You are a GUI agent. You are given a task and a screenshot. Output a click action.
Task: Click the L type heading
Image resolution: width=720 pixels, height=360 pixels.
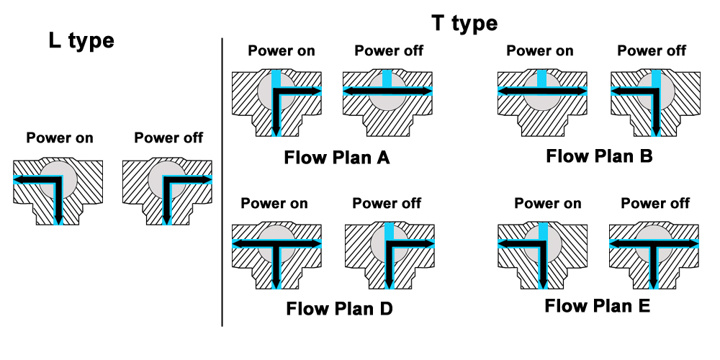[81, 40]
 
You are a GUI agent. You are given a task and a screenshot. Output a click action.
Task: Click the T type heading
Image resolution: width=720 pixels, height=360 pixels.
[464, 23]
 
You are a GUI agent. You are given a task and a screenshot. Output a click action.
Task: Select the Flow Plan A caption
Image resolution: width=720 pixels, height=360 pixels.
[337, 156]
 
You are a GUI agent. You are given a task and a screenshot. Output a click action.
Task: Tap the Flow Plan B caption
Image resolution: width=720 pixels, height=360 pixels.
[599, 155]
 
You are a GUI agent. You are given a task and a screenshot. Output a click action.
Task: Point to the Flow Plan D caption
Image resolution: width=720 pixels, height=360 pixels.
[339, 309]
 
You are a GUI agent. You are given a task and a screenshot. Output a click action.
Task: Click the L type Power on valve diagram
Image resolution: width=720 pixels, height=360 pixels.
[58, 190]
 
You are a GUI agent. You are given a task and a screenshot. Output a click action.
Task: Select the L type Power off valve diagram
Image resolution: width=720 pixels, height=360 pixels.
[167, 190]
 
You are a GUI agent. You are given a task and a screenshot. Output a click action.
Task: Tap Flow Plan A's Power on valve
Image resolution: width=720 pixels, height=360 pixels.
[276, 102]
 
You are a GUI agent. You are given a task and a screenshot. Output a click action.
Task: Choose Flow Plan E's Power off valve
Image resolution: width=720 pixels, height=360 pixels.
[654, 252]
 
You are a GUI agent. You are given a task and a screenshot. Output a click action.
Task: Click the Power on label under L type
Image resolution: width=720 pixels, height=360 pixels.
[60, 138]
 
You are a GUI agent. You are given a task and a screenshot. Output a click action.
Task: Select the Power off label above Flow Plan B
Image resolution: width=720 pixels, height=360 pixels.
[652, 50]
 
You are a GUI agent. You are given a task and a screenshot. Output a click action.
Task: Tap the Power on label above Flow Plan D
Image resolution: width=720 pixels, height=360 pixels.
[274, 203]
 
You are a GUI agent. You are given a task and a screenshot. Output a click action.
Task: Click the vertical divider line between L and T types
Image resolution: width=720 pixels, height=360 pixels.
[222, 180]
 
